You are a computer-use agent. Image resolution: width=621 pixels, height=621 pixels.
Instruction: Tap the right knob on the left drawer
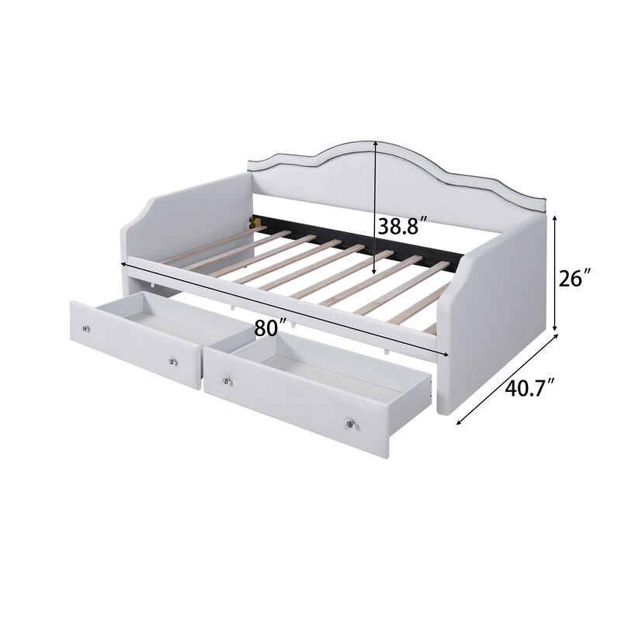click(173, 362)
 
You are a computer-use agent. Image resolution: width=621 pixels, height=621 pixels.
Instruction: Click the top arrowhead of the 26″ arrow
click(557, 219)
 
